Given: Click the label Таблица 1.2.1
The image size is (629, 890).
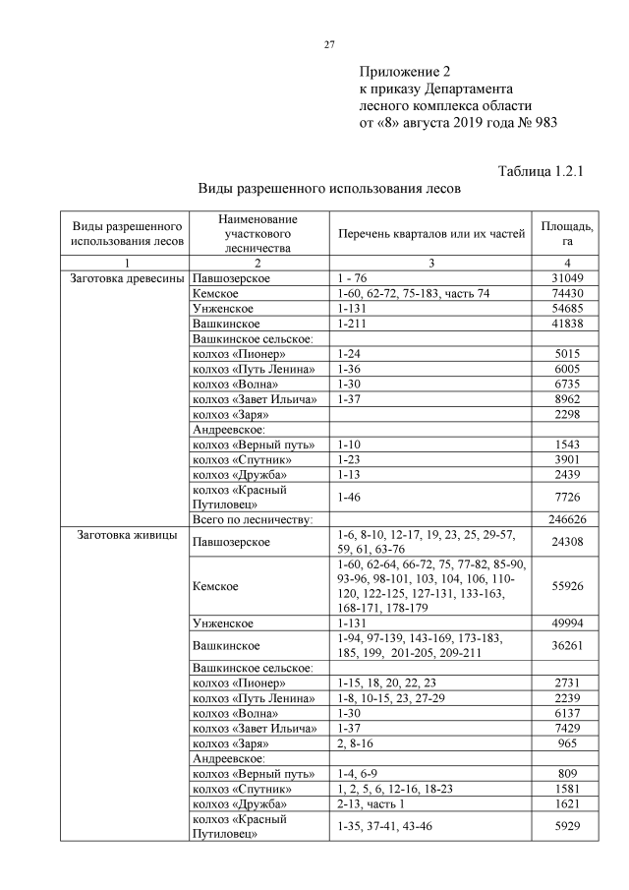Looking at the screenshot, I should tap(542, 170).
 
